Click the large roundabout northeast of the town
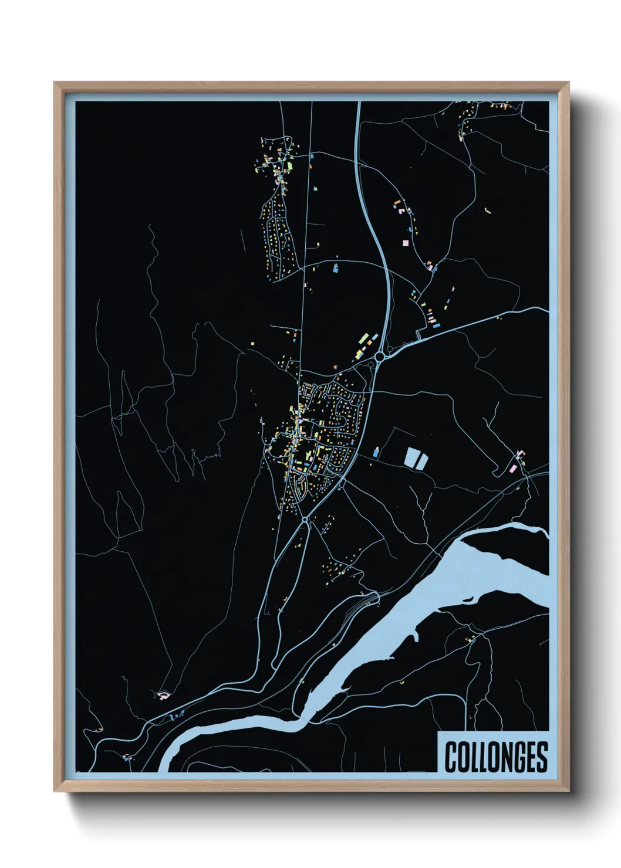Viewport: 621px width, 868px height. point(380,355)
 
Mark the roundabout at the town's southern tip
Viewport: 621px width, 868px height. point(305,520)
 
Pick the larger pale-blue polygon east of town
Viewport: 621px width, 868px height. point(411,457)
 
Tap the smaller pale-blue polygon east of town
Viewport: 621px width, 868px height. point(422,460)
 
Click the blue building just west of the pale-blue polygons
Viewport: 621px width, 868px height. point(376,452)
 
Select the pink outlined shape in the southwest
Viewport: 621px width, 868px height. point(163,695)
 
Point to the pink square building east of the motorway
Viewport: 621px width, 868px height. point(404,242)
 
